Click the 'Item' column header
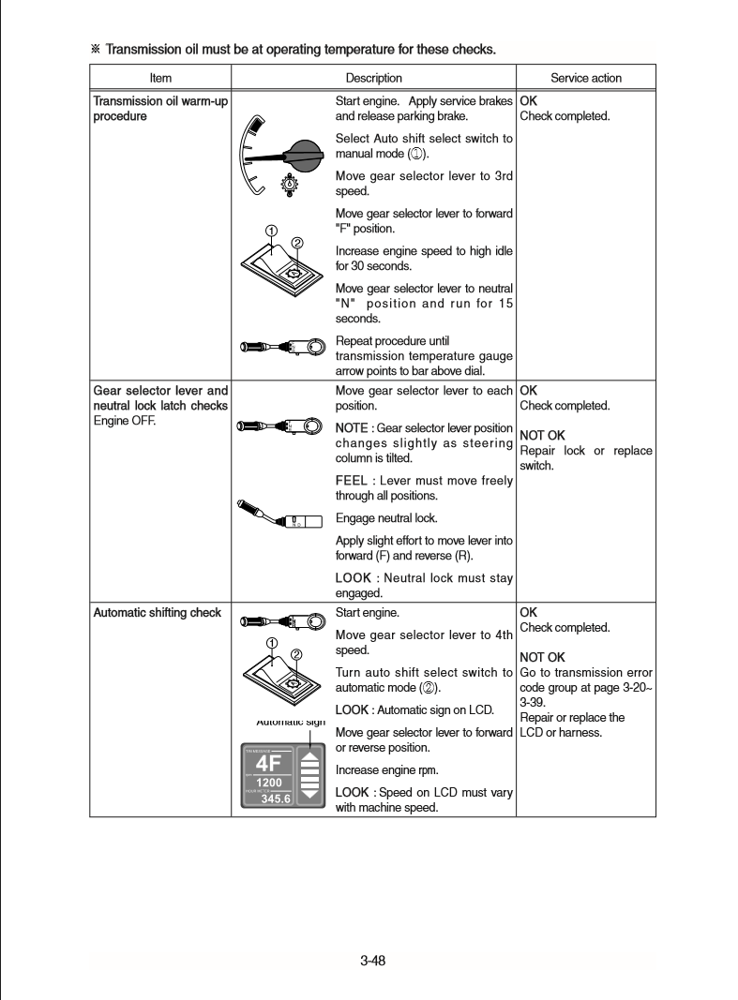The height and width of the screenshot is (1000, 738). [160, 78]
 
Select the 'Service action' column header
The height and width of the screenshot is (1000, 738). [585, 78]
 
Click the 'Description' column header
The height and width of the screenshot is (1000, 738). [373, 78]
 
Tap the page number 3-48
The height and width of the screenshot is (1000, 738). [373, 960]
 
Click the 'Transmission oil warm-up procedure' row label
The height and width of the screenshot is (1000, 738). [160, 108]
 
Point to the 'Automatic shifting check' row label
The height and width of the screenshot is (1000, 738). [158, 613]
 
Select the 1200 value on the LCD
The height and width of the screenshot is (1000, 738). [269, 783]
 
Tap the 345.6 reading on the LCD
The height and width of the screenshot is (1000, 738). [274, 799]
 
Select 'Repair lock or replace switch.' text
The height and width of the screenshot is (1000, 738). [585, 457]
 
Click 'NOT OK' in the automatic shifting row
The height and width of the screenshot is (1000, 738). [542, 657]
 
